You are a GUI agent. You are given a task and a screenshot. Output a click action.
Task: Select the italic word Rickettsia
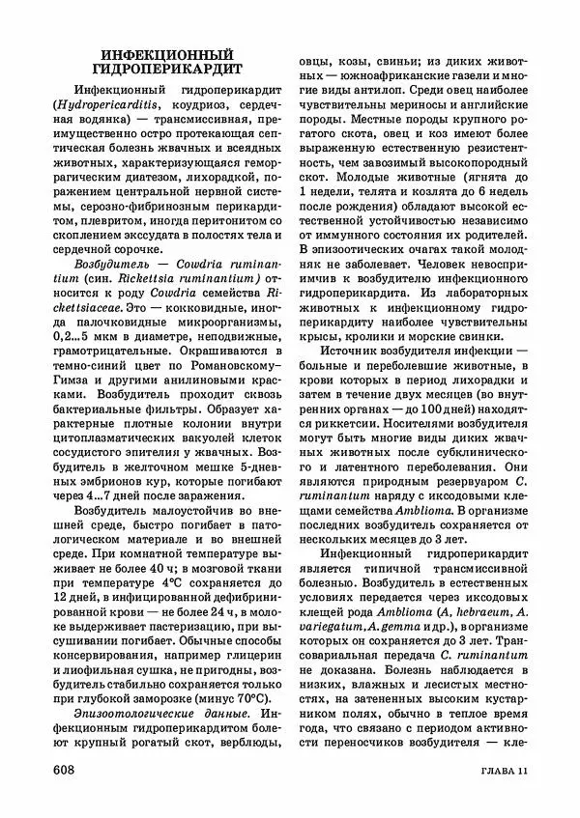[x=126, y=277]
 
